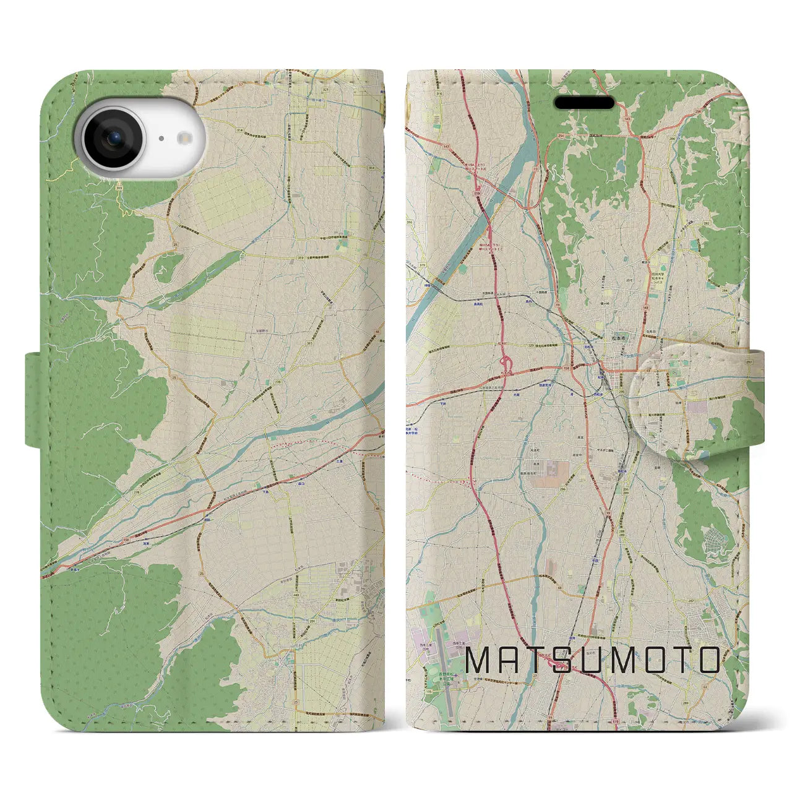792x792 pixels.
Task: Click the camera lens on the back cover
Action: (114, 139)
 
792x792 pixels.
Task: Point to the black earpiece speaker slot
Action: (584, 102)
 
